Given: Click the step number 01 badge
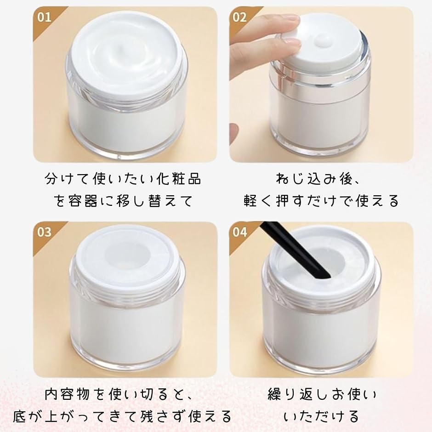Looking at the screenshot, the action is (44, 17).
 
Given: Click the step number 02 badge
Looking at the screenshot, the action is (239, 17).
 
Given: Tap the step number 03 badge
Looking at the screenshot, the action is (44, 232).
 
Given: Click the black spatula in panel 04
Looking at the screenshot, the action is (296, 250).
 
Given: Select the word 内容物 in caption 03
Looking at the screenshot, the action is (67, 394).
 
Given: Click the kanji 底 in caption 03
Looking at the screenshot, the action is (20, 416).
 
